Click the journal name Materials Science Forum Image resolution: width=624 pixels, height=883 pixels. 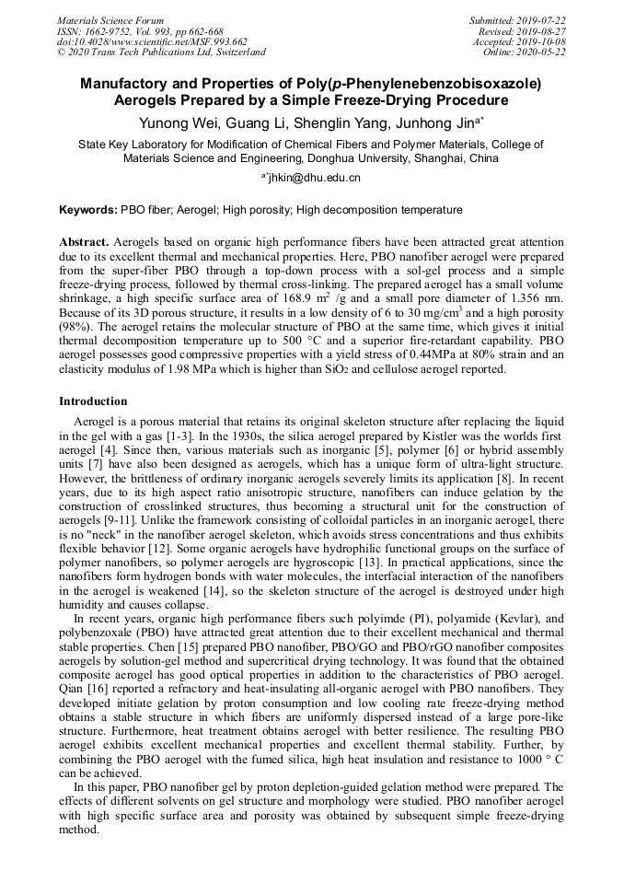(x=110, y=20)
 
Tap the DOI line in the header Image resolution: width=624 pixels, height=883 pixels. (x=152, y=41)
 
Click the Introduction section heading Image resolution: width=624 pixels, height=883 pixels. (x=93, y=401)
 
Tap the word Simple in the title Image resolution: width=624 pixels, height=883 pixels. (x=335, y=99)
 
